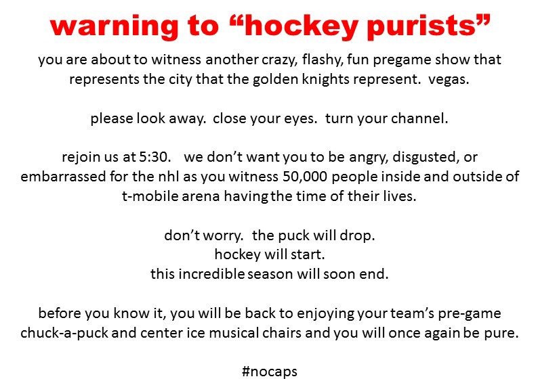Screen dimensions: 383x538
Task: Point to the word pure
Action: pyautogui.click(x=501, y=333)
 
